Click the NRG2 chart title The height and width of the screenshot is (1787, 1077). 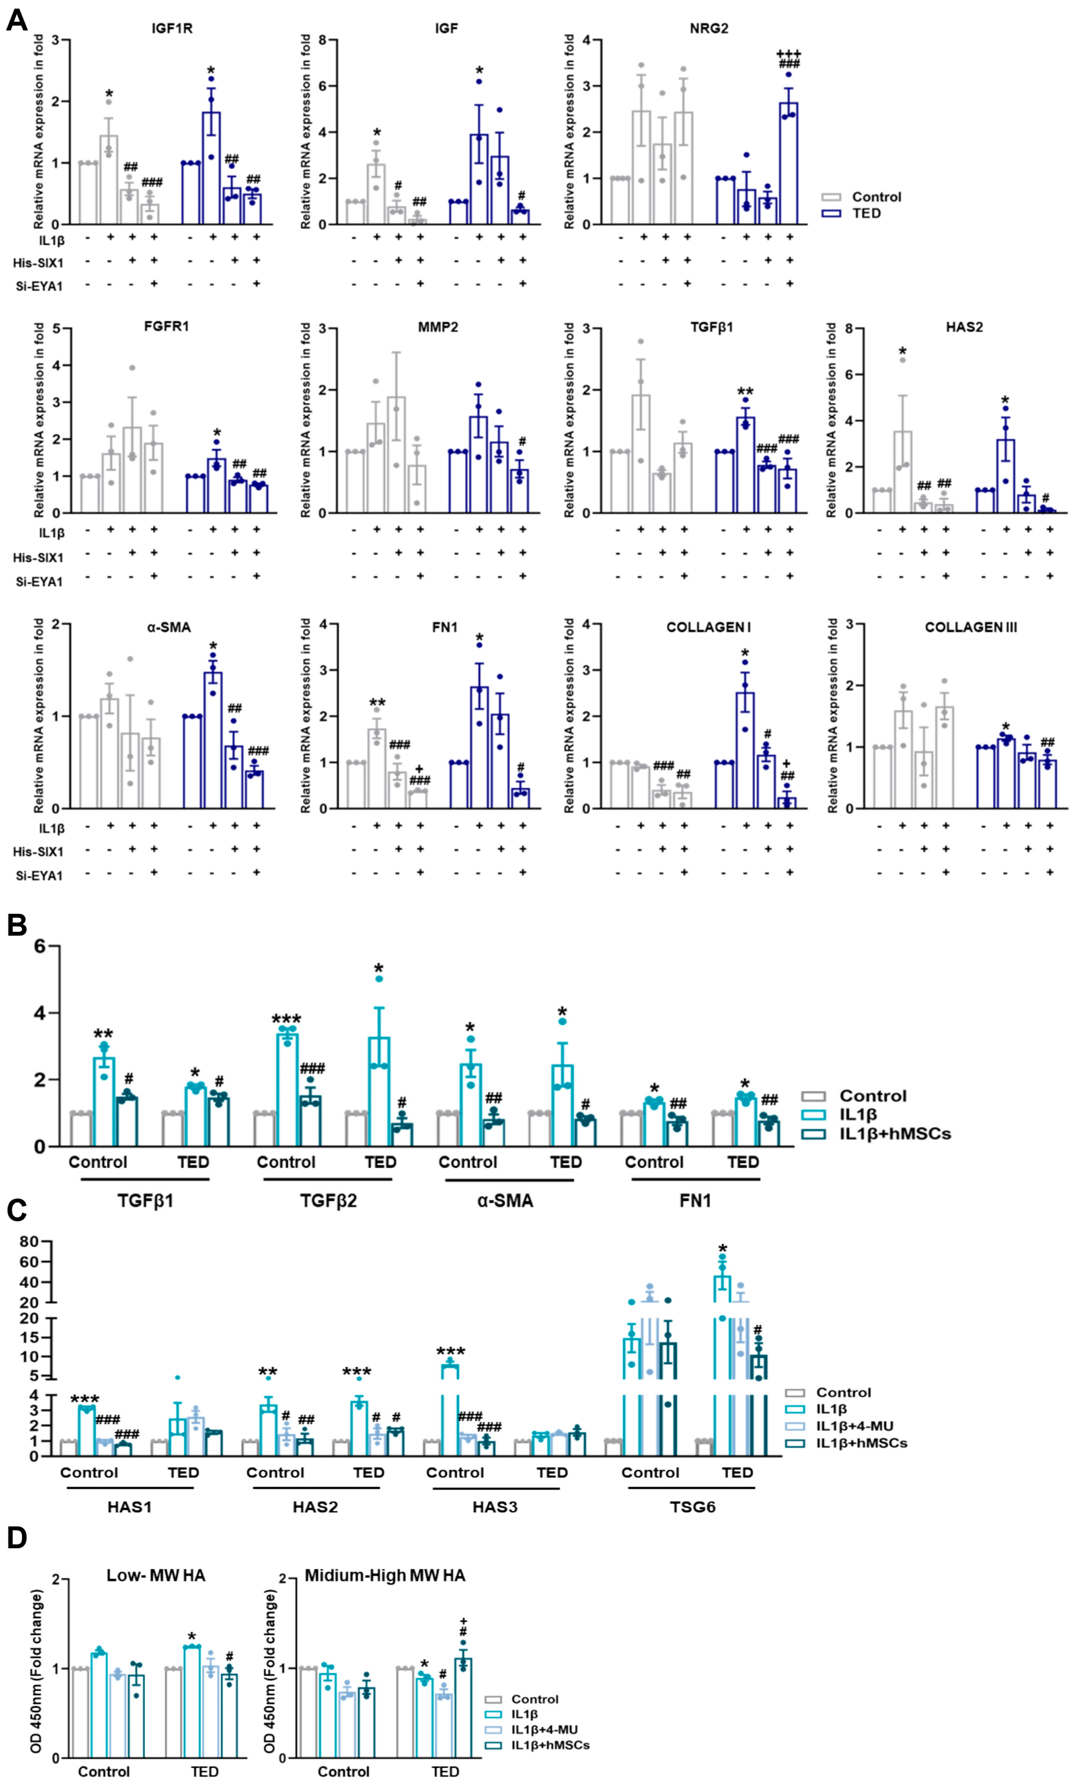(x=709, y=28)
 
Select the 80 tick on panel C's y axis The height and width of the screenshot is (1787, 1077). (x=29, y=1242)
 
